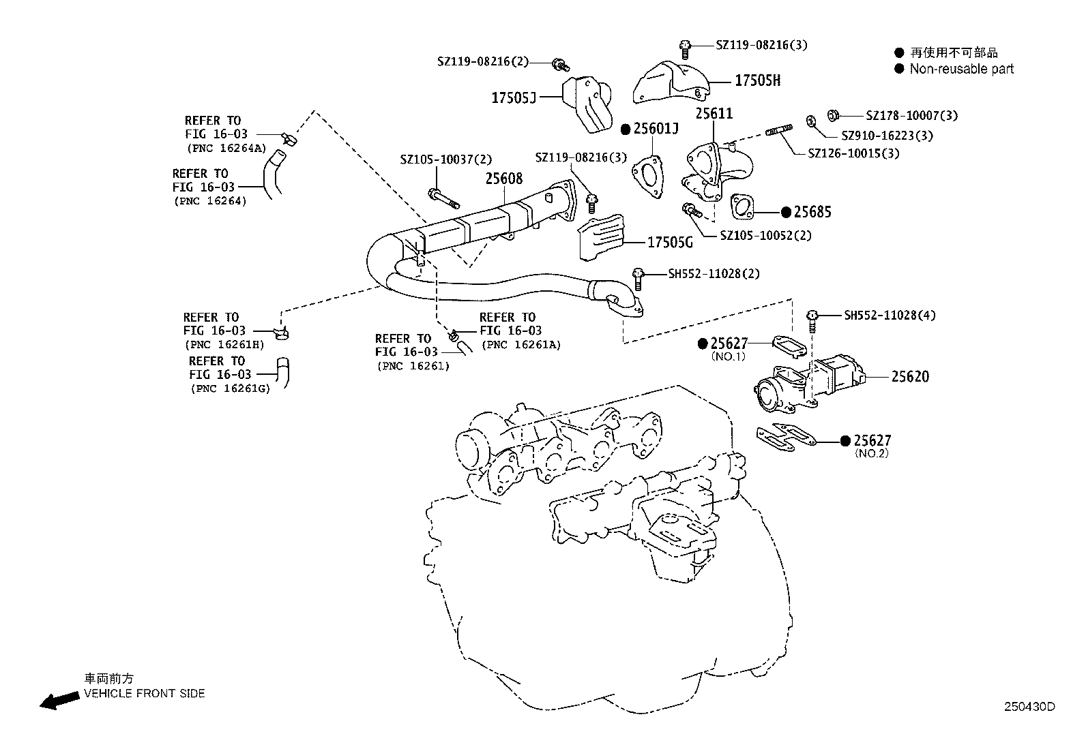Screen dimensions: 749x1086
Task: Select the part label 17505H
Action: (757, 80)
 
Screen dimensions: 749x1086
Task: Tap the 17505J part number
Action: (514, 98)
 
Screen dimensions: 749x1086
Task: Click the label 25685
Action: (812, 212)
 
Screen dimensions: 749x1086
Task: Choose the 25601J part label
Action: (657, 128)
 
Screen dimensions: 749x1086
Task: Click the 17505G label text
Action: (669, 242)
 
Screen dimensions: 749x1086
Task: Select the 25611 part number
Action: (714, 113)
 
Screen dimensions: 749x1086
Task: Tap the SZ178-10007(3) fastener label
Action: (911, 116)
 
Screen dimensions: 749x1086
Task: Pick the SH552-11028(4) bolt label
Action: (890, 316)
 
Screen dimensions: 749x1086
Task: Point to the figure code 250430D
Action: (1029, 707)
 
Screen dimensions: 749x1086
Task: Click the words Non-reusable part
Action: (961, 69)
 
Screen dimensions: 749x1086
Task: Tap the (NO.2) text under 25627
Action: (871, 453)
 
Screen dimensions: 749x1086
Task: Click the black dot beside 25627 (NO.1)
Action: (703, 343)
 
